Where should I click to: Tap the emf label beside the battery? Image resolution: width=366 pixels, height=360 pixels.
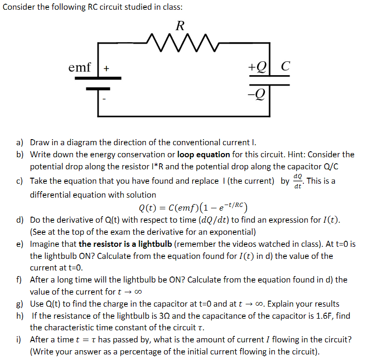[79, 67]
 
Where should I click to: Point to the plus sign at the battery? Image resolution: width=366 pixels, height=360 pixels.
[106, 69]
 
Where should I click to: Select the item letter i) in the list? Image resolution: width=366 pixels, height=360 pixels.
[19, 339]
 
